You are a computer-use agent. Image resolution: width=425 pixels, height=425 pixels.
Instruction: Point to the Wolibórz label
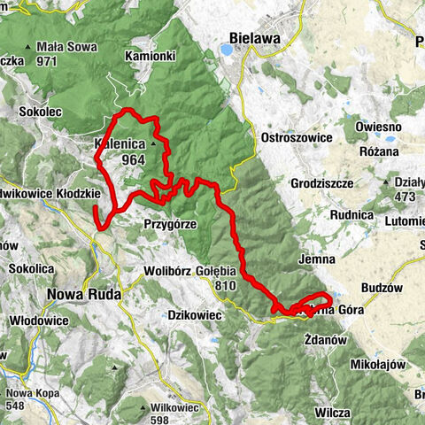pyautogui.click(x=167, y=271)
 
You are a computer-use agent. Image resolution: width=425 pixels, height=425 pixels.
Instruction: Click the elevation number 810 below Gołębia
pyautogui.click(x=226, y=286)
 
